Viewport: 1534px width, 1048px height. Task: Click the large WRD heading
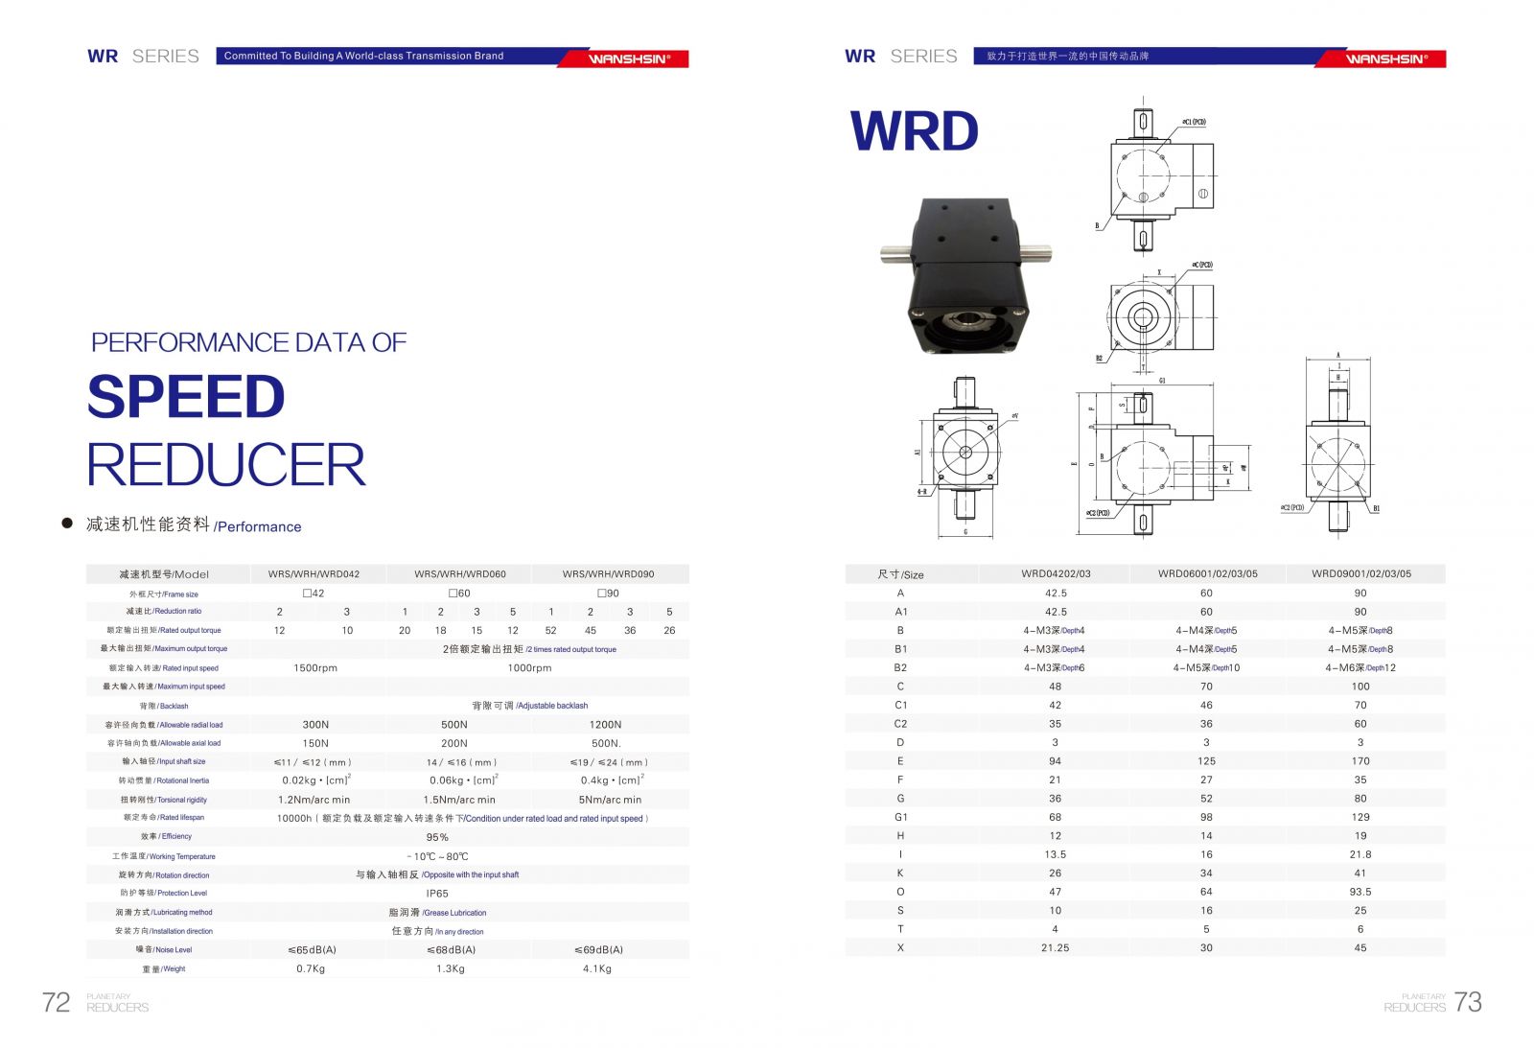(914, 131)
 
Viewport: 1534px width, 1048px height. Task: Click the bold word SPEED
(186, 397)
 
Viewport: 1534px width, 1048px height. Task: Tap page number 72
(56, 1002)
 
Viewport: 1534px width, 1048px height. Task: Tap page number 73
(1468, 1002)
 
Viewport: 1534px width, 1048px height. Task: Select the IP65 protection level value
(437, 894)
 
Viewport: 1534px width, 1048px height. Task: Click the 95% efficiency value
(437, 837)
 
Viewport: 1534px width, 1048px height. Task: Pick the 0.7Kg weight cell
(311, 968)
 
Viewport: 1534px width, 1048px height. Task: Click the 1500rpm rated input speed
(315, 668)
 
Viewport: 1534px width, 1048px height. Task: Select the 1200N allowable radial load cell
(605, 725)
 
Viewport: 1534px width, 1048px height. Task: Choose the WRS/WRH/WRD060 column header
(460, 574)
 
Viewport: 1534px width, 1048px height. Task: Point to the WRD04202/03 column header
(1056, 574)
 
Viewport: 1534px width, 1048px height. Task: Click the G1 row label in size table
(900, 817)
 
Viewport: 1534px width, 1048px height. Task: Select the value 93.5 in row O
(1360, 892)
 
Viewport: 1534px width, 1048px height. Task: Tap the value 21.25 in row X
(1055, 947)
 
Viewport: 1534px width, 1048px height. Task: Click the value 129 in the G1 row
(1360, 817)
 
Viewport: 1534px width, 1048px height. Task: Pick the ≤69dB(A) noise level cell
(598, 949)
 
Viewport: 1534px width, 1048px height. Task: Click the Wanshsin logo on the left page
(629, 58)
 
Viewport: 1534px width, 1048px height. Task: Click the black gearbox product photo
(963, 275)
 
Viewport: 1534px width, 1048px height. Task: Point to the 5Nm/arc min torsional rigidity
(610, 800)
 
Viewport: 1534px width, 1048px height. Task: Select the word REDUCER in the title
(226, 465)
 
